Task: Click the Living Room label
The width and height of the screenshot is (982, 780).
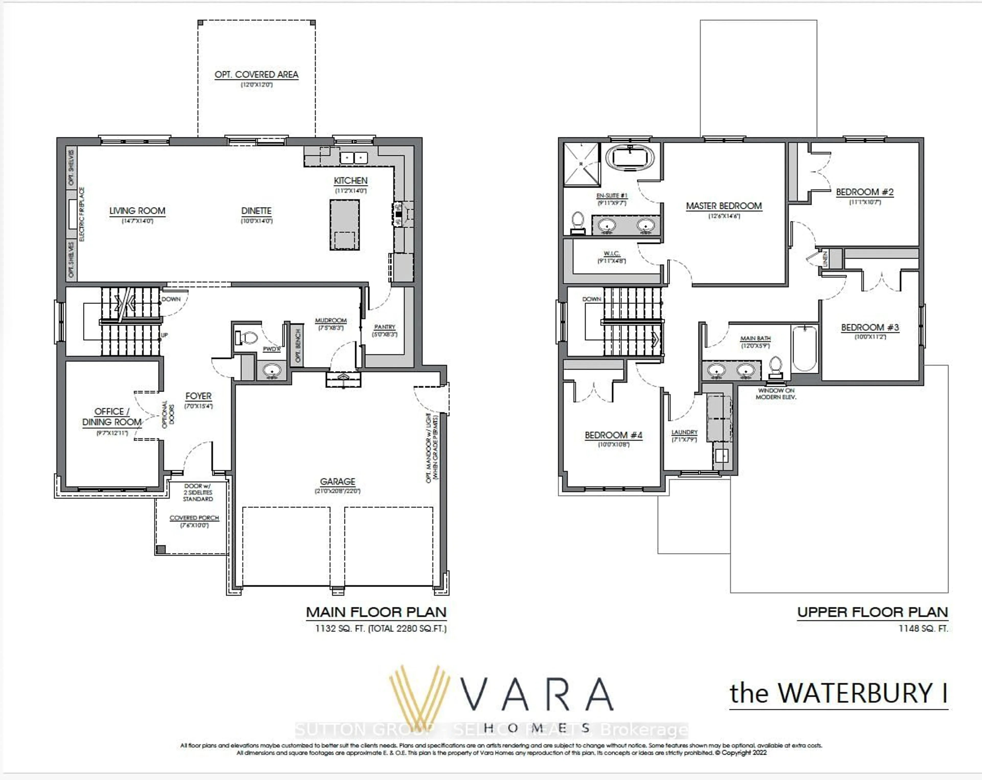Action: coord(137,211)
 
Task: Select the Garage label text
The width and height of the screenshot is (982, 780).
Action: coord(338,481)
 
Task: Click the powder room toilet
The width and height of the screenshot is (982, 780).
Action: coord(247,338)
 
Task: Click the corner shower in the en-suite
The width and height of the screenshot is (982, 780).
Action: coord(582,164)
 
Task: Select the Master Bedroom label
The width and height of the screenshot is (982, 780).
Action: coord(724,206)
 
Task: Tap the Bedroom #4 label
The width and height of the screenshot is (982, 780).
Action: coord(613,435)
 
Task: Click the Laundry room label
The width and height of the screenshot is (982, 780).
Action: coord(684,432)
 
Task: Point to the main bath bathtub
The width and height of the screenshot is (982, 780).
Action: coord(804,348)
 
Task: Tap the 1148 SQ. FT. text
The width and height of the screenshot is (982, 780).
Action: coord(923,628)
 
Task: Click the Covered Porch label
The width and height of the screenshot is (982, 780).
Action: coord(194,518)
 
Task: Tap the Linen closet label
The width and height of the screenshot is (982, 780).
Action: coord(825,259)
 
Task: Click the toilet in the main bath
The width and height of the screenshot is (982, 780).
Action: coord(776,367)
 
